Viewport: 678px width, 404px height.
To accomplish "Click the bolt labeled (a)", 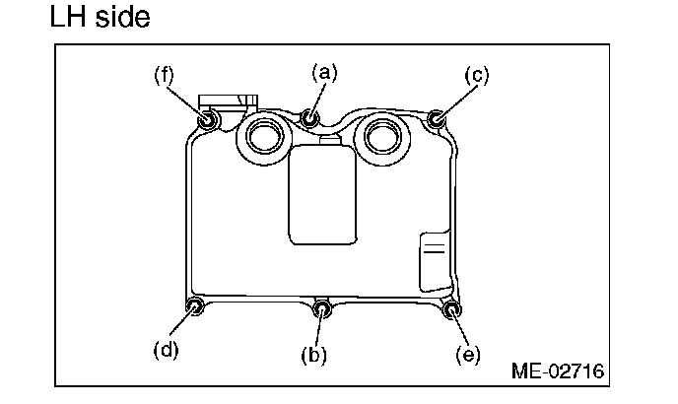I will point(311,118).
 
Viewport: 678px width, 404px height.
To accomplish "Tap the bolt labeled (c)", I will point(438,120).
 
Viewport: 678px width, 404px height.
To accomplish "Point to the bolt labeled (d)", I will point(195,308).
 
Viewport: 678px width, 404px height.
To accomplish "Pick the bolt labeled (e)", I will point(451,311).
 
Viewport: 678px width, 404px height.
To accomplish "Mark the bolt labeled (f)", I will point(208,121).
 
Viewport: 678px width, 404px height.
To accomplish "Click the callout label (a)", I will point(324,71).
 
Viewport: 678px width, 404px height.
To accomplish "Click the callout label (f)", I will point(164,74).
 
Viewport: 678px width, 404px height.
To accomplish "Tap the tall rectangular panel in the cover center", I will point(320,193).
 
